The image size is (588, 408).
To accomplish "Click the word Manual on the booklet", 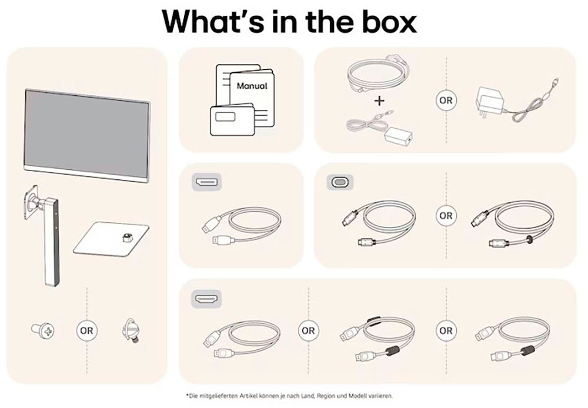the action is pos(252,86).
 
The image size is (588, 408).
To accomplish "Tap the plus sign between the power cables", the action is pos(379,101).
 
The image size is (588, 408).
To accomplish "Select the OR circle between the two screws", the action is pos(86,331).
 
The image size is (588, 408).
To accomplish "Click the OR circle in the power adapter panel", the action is pos(446,101).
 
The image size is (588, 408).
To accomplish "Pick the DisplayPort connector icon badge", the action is pos(206,182).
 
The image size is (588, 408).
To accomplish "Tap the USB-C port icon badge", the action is pos(340,182).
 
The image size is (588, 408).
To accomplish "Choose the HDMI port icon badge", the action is pos(206,299).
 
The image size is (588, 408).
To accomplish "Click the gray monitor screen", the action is pos(87,131).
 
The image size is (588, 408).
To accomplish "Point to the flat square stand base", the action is pos(111,239).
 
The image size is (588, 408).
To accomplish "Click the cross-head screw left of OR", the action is pos(42,330).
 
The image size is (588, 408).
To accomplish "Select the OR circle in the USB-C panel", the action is pos(446,216).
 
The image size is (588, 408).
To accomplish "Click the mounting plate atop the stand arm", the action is pos(31,202).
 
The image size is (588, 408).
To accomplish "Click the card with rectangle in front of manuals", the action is pos(232,120).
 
